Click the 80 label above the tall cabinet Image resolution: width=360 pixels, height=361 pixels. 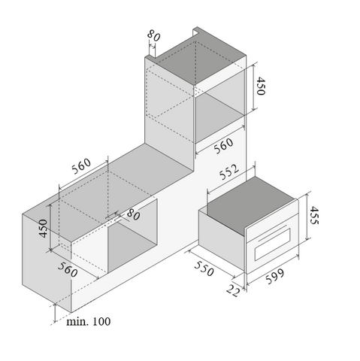coord(153,35)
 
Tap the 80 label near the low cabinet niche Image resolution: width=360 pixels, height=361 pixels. coord(133,214)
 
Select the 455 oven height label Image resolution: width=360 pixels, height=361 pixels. coord(314,215)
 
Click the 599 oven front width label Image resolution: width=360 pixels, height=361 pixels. coord(275,276)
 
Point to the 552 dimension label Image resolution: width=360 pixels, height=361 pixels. coord(229,172)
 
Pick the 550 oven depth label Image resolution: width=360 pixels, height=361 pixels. coord(204,268)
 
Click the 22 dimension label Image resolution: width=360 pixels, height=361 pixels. coord(233,291)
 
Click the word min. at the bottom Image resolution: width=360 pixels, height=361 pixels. coord(77,322)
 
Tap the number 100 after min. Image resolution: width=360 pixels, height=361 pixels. coord(101,322)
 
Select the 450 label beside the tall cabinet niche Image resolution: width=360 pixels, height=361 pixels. coord(261,86)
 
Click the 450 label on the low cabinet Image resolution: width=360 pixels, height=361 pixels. coord(43,229)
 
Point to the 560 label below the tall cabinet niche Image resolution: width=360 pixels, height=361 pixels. coord(223,146)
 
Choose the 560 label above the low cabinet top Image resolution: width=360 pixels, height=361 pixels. coord(81,166)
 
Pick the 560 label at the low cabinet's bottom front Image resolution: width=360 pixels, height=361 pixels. coord(68,270)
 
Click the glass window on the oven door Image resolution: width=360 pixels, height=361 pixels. coord(273,244)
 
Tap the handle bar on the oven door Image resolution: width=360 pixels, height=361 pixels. coord(273,233)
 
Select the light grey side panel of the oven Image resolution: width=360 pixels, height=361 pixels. coord(222,240)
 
